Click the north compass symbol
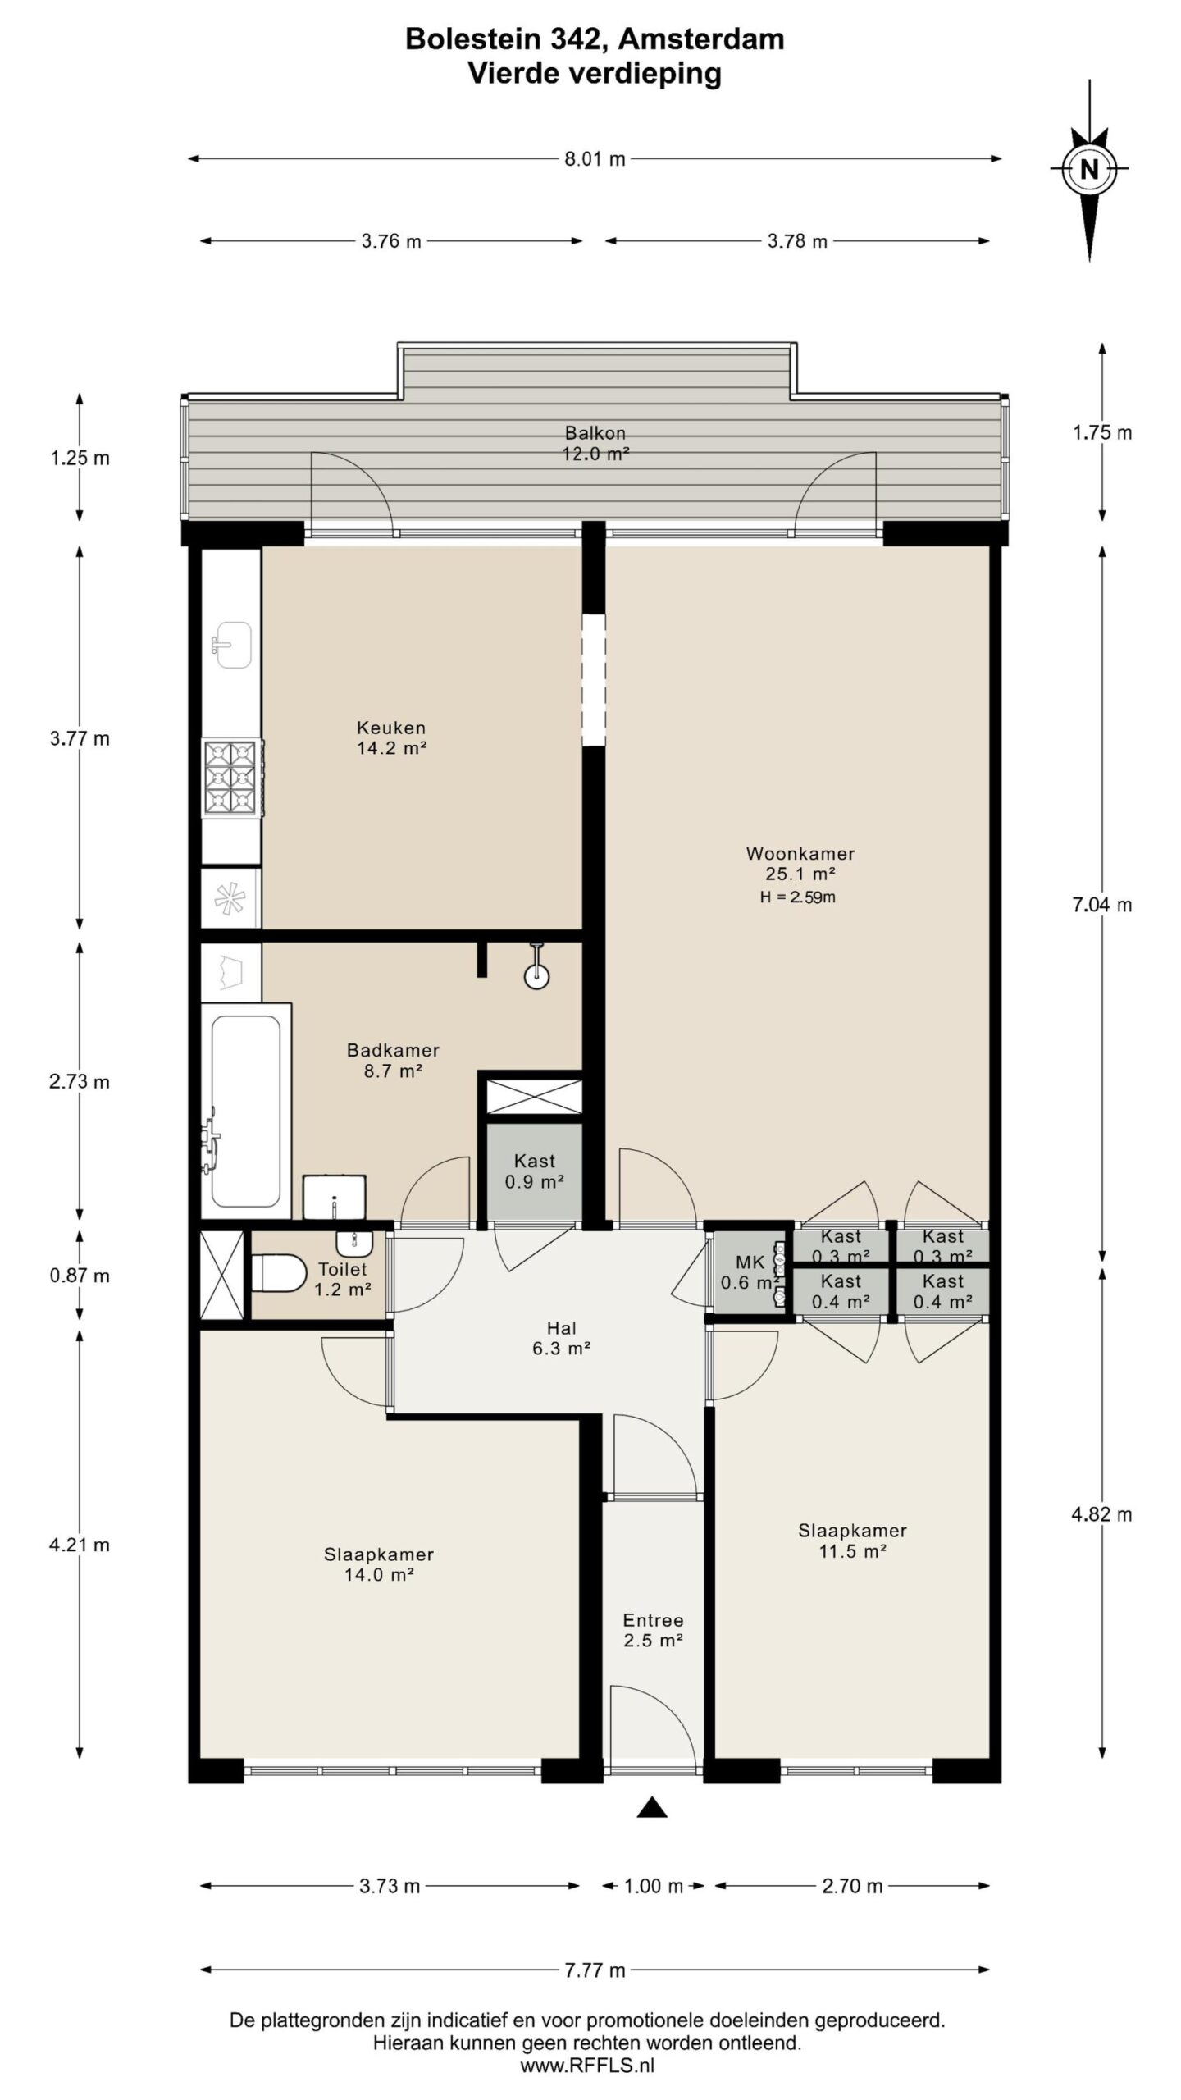1089,170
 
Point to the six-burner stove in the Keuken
232,777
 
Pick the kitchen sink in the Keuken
232,645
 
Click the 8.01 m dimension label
595,159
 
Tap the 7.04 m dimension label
1102,905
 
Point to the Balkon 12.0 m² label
595,443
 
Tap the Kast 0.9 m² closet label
535,1171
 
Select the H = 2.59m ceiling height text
797,897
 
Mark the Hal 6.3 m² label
562,1338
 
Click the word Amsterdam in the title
701,39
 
